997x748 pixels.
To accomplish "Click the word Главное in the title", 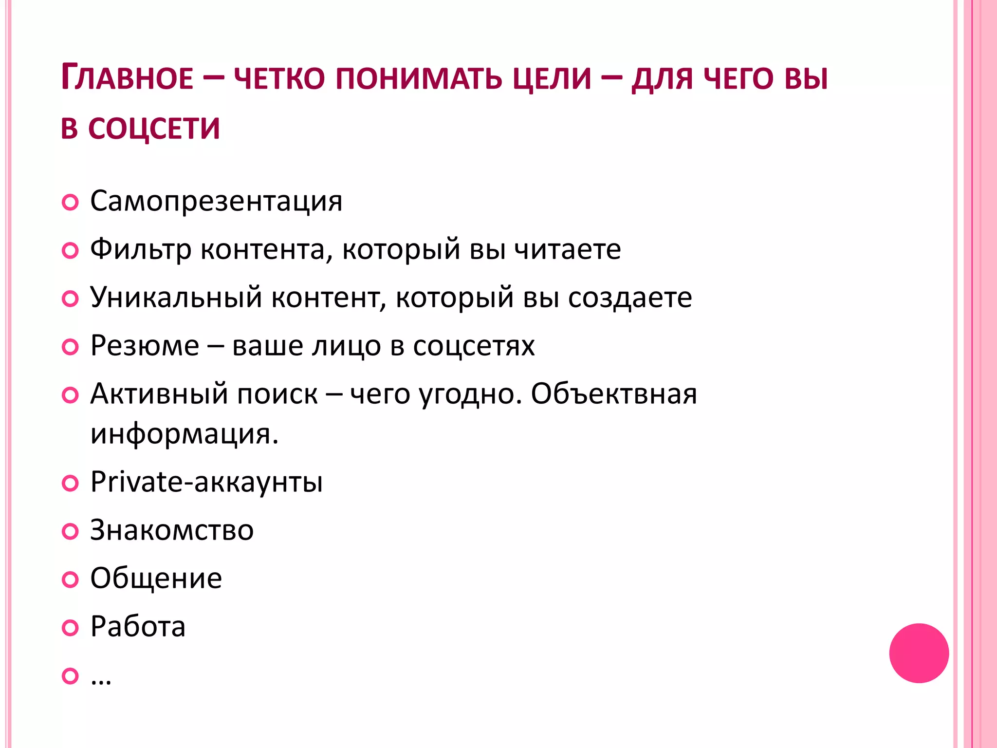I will click(128, 78).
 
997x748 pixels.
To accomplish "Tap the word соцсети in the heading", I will click(154, 129).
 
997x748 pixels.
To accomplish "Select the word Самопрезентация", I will click(216, 201).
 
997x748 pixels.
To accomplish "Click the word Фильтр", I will click(141, 250).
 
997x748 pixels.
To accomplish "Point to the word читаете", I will click(568, 250).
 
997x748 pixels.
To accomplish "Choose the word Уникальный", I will click(176, 298).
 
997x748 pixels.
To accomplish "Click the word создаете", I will click(630, 298).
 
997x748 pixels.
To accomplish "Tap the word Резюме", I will click(145, 346).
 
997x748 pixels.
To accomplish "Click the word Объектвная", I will click(614, 393).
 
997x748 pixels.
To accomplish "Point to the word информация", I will click(184, 433).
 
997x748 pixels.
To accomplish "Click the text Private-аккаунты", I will click(206, 482).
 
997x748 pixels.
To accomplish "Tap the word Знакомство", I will click(172, 530).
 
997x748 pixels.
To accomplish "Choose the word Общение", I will click(156, 578).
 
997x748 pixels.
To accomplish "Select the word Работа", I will click(138, 626).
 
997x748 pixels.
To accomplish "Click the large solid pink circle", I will click(919, 653).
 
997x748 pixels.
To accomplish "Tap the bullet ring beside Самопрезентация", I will click(70, 202).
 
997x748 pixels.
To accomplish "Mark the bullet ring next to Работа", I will click(70, 628).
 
